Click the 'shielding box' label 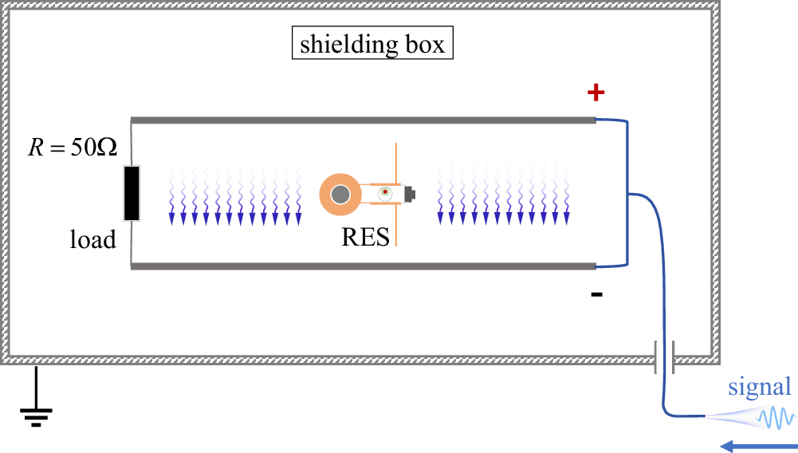click(x=372, y=44)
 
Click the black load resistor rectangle click(x=132, y=192)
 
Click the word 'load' click(x=92, y=238)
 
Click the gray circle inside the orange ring click(x=340, y=194)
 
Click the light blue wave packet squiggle click(x=775, y=417)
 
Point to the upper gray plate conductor click(x=363, y=120)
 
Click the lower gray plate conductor click(x=363, y=266)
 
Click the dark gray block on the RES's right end click(x=411, y=193)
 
